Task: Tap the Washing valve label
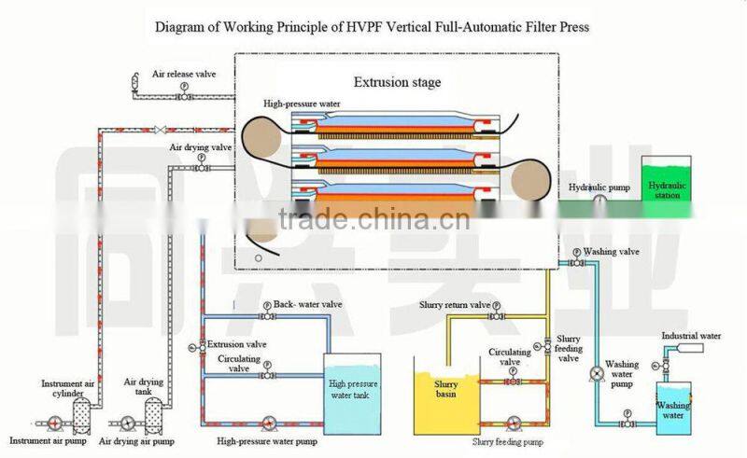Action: (x=611, y=251)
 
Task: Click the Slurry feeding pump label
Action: (x=509, y=440)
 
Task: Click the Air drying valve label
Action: (x=200, y=147)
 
